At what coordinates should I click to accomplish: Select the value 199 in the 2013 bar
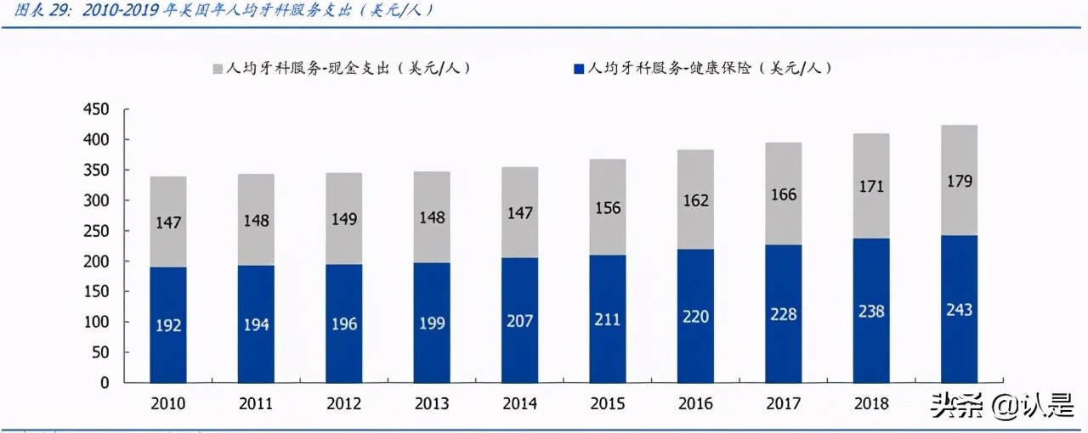pos(432,323)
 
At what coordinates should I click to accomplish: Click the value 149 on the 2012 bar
pos(343,220)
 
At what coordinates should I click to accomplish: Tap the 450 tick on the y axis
pos(98,110)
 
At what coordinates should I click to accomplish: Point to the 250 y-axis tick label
pos(98,231)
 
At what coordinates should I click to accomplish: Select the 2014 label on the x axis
pos(519,404)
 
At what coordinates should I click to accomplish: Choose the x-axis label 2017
pos(783,404)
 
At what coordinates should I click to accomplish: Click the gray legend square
pos(218,68)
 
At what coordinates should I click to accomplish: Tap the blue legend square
pos(578,68)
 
